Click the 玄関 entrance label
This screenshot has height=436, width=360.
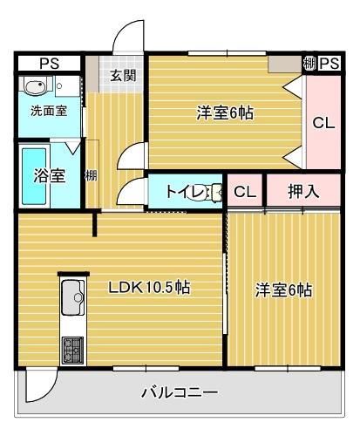click(122, 75)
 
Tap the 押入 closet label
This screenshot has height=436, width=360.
click(302, 191)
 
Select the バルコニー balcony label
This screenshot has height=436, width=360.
click(180, 392)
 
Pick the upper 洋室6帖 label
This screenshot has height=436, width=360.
click(224, 112)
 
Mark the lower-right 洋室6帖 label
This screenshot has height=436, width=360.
click(283, 290)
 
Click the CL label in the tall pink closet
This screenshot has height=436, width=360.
click(323, 123)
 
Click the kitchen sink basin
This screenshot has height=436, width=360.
click(71, 301)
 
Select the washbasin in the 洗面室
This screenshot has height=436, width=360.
click(37, 88)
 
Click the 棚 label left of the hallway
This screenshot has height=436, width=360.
click(91, 175)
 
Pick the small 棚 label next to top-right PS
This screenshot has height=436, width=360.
click(309, 64)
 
